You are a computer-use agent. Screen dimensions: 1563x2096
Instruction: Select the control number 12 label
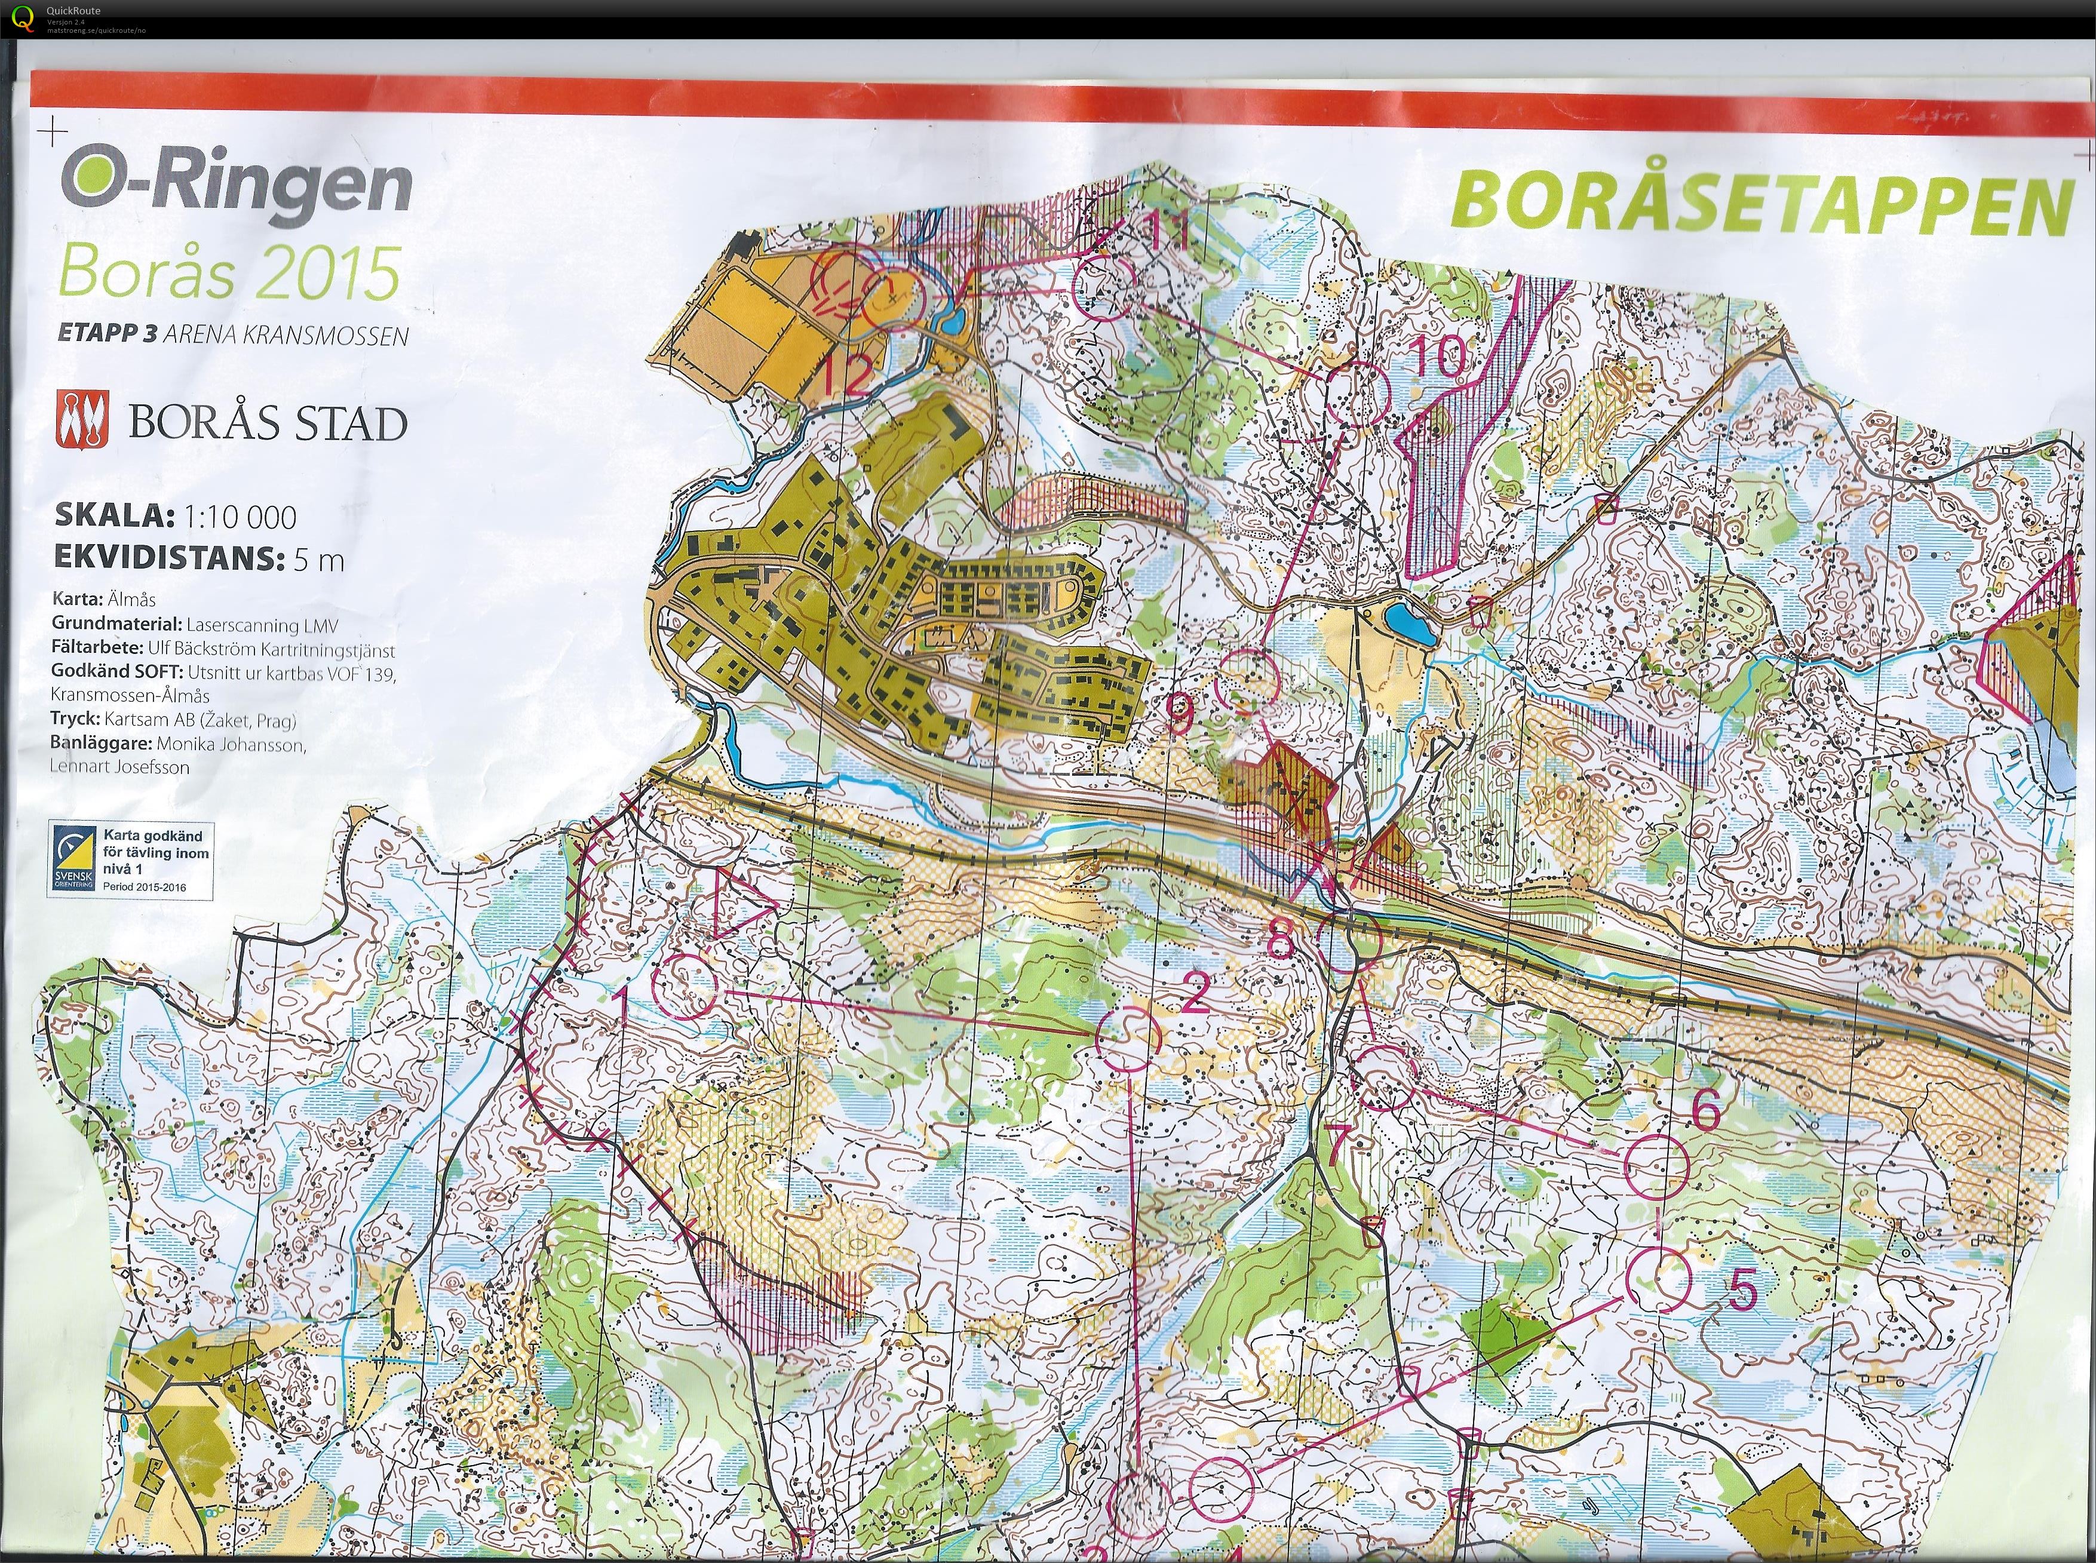[845, 376]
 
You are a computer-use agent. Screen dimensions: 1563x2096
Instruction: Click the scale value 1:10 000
[240, 517]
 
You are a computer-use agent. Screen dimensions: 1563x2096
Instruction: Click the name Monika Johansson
[231, 745]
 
